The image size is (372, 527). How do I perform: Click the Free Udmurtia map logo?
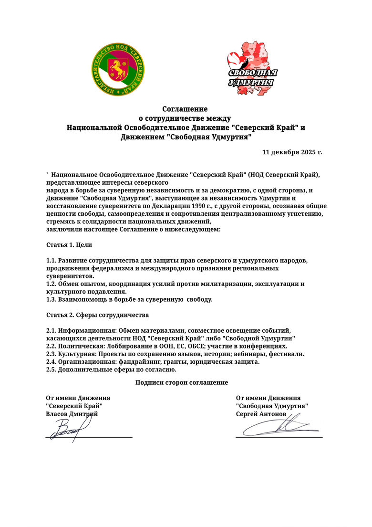[252, 74]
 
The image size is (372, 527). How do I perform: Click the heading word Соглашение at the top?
[185, 109]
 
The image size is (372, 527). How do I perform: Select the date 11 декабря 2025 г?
[292, 152]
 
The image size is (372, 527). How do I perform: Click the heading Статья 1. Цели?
[69, 244]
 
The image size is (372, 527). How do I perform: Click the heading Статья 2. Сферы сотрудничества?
[97, 315]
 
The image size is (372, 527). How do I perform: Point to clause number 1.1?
[51, 260]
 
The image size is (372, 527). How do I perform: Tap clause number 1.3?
[51, 299]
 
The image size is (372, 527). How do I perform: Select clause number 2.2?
[51, 346]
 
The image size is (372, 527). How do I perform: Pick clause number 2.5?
[51, 369]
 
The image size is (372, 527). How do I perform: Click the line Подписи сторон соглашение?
[182, 382]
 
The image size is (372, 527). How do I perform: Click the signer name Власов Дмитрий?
[72, 414]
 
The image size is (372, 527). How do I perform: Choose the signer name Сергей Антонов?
[261, 414]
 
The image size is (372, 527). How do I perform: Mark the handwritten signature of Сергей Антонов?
[279, 426]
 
